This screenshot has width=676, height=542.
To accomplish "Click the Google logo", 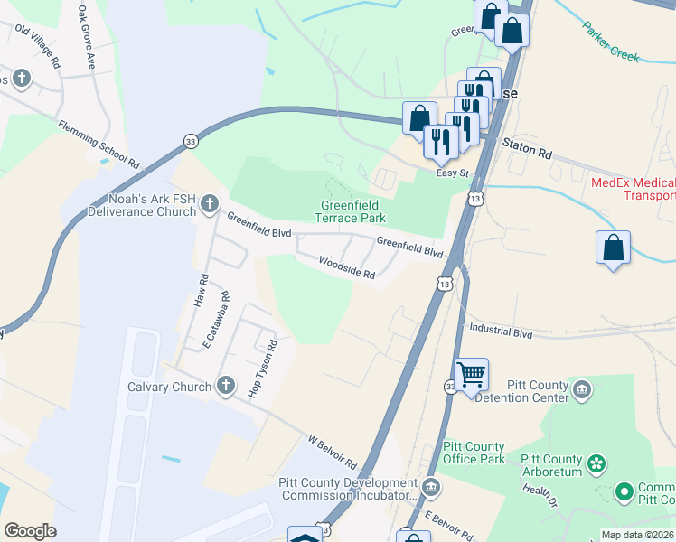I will coord(30,531).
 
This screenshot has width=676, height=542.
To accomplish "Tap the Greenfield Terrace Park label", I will coord(352,211).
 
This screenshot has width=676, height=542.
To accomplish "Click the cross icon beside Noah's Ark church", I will coord(210,202).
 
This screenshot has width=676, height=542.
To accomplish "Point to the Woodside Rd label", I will coord(345,267).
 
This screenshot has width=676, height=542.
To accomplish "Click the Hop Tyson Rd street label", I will coord(262,369).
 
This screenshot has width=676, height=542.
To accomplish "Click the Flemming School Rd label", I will coord(99,145).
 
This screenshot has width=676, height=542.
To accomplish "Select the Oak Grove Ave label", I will coord(87,37).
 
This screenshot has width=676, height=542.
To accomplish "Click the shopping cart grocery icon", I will coord(472,374).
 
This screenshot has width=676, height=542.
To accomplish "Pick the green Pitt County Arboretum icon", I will coord(596,464).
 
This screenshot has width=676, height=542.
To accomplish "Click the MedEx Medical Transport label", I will coord(633,189).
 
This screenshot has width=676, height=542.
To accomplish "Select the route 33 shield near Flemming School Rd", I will coord(190,142).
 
